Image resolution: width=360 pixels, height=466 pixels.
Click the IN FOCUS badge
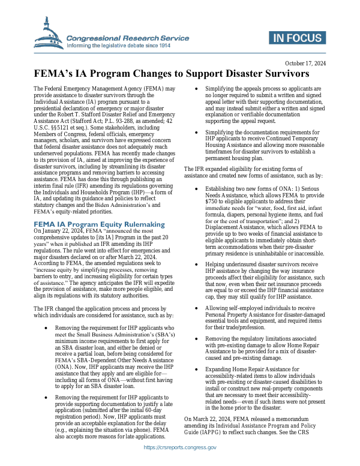[300, 39]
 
